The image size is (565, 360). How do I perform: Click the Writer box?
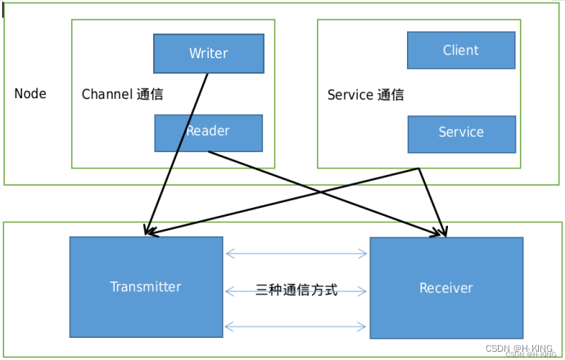(209, 53)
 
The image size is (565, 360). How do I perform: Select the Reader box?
(209, 133)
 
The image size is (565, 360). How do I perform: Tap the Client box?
(461, 51)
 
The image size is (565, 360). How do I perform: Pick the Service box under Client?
(461, 133)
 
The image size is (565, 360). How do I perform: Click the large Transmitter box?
(146, 286)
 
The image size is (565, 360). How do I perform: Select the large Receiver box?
(446, 287)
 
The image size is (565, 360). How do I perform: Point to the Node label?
(30, 94)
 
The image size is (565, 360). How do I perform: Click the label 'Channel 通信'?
(122, 94)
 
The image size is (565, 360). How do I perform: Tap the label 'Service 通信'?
(365, 95)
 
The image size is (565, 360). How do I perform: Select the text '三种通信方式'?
(296, 290)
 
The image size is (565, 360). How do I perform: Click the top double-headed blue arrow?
(296, 254)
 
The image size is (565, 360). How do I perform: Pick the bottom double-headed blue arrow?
(296, 326)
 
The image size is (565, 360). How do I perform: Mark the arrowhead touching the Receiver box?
(444, 232)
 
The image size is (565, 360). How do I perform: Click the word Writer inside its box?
(209, 53)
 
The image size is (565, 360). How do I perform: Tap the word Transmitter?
(146, 286)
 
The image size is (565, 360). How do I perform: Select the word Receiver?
(446, 288)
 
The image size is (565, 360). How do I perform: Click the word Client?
(461, 51)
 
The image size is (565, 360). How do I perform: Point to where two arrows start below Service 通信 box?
(419, 169)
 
